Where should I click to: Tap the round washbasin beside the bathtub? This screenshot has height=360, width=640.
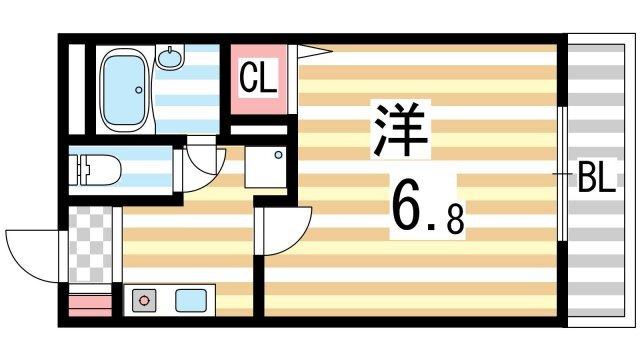coord(172,59)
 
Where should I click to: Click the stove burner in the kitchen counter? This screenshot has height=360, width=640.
coord(142,299)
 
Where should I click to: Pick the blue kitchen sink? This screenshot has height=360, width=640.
coord(190,299)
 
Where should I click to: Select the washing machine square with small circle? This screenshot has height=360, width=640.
coord(267,166)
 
